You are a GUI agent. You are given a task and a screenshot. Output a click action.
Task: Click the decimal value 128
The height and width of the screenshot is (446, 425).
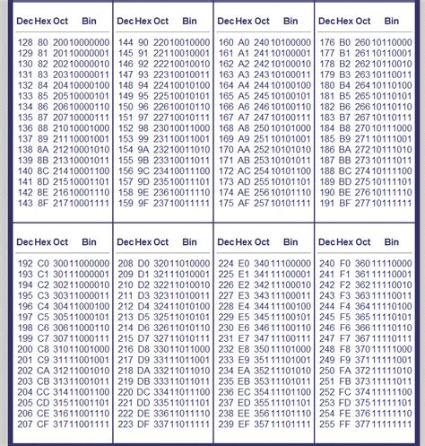25,41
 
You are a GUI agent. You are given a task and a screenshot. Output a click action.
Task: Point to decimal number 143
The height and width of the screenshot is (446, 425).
25,203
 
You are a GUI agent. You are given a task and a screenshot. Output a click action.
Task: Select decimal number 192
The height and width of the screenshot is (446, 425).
25,264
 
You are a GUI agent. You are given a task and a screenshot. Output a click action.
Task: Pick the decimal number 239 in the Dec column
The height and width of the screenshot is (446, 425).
227,424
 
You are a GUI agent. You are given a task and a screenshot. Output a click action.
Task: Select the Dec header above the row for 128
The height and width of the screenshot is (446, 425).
25,20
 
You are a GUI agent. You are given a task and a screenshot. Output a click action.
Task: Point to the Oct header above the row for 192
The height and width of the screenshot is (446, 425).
60,242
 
